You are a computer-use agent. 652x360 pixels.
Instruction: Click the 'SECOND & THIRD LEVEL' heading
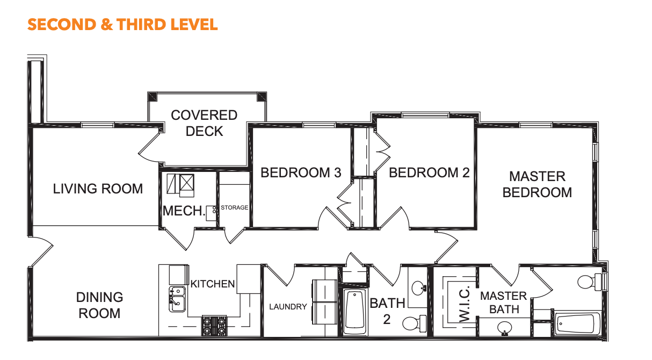tap(122, 25)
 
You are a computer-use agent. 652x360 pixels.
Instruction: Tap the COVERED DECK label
tap(204, 123)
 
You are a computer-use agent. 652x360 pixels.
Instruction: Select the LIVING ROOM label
tap(98, 189)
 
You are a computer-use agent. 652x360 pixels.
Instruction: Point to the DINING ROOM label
tap(99, 305)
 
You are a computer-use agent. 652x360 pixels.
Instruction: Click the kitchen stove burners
tap(214, 326)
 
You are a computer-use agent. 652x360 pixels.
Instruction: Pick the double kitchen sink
tap(177, 299)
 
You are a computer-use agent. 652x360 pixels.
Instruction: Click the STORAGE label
tap(234, 207)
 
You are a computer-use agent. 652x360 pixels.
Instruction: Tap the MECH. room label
tap(184, 211)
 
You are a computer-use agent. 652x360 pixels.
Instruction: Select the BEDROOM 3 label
tap(301, 172)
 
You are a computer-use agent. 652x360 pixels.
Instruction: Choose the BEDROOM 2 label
tap(429, 172)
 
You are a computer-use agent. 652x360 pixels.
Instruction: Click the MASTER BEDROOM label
tap(537, 184)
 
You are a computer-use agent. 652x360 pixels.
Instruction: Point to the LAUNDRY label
tap(288, 307)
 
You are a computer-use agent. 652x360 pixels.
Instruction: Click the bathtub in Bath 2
tap(354, 312)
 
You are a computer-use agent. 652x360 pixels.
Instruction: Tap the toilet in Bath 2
tap(415, 323)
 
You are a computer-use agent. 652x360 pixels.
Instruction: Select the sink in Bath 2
tap(419, 288)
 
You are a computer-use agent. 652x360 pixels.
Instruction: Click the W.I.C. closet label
tap(465, 304)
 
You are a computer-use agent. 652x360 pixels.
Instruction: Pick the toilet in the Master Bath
tap(590, 282)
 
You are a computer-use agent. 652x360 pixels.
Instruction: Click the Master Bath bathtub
tap(578, 323)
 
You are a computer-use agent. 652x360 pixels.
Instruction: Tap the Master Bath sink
tap(504, 328)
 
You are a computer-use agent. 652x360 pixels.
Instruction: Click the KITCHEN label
tap(213, 284)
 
